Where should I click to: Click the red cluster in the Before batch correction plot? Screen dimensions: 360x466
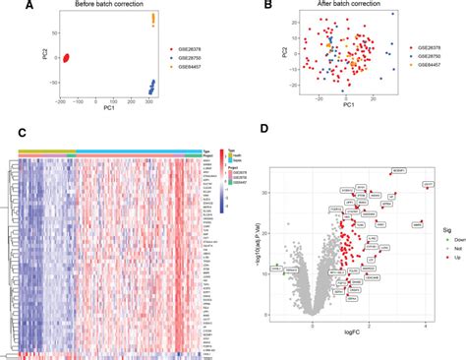click(x=66, y=58)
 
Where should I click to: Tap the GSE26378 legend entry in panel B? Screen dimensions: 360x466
click(x=431, y=46)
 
